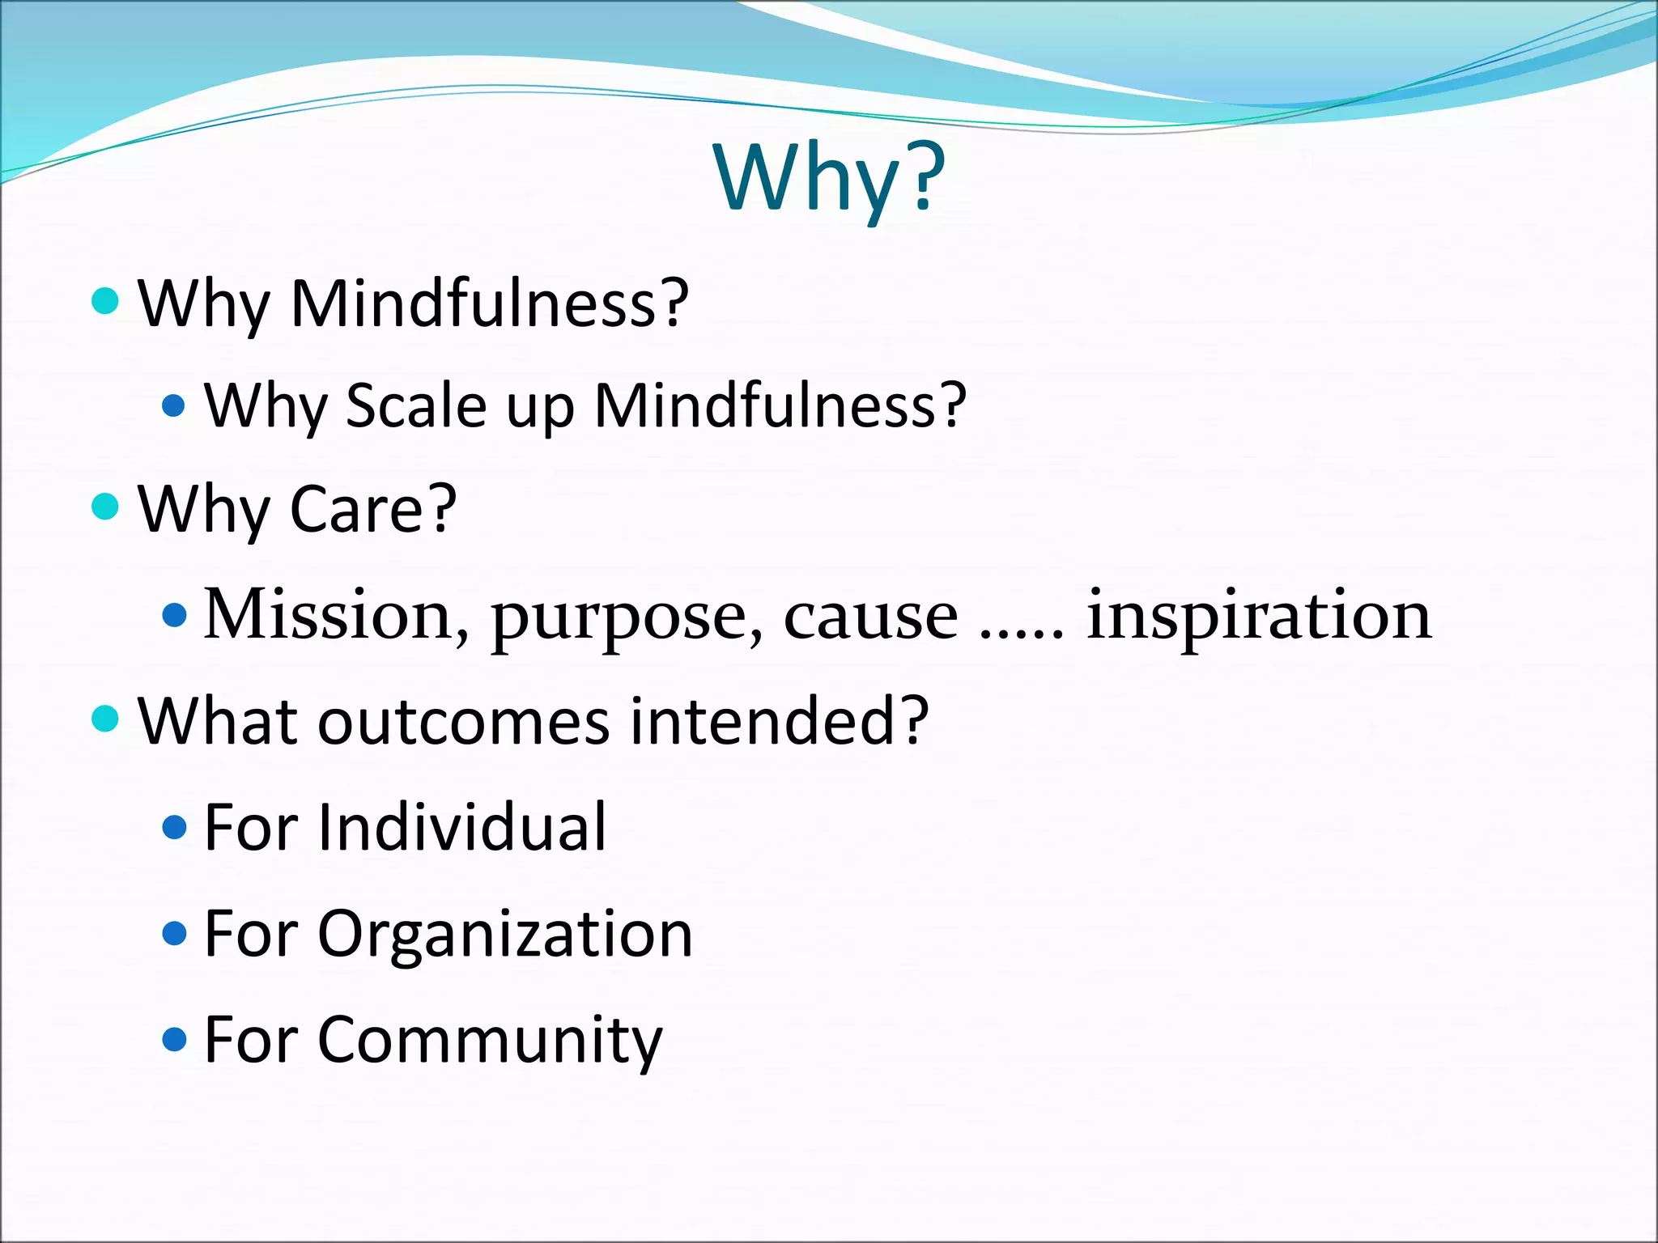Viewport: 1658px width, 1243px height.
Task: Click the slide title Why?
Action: (829, 176)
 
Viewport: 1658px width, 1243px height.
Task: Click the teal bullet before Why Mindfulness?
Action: (106, 302)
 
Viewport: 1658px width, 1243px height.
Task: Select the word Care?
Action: (373, 509)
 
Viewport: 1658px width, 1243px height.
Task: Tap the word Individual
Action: (461, 827)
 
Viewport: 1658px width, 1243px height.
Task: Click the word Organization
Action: (505, 935)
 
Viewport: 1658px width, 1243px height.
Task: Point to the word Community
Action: (490, 1040)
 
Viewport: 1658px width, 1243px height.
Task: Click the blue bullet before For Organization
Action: (175, 935)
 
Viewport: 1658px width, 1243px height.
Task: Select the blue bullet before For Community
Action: (175, 1039)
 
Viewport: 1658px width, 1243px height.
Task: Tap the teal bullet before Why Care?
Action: (106, 507)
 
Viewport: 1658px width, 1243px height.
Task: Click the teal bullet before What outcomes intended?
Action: (106, 718)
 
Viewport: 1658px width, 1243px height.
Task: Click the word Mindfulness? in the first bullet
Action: (489, 303)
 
